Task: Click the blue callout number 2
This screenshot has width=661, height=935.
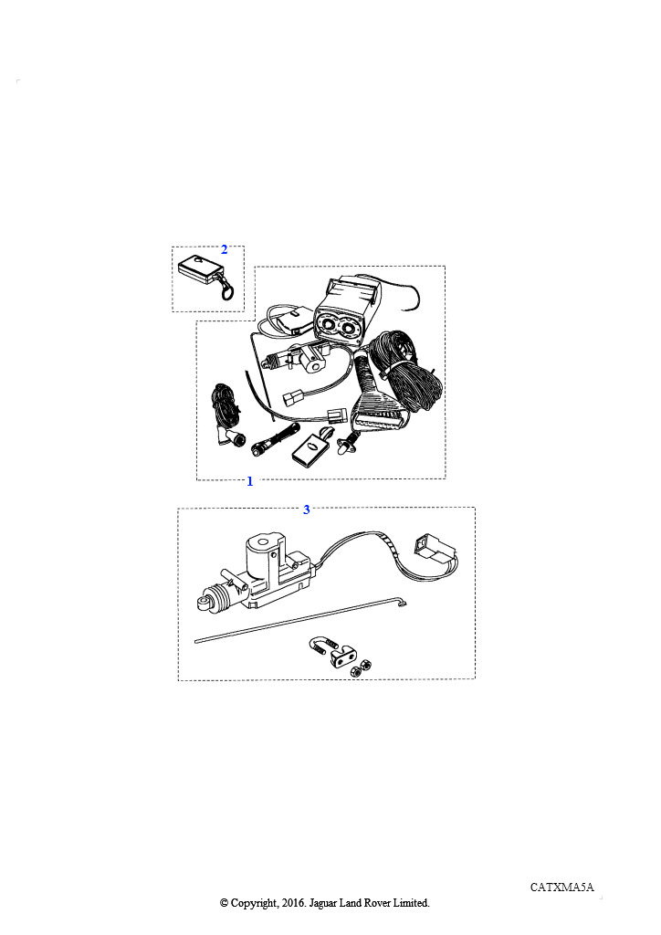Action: point(224,249)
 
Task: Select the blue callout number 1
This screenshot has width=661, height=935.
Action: point(250,481)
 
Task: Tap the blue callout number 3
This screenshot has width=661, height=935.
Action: point(307,510)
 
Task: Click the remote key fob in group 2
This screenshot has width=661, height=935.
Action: point(199,268)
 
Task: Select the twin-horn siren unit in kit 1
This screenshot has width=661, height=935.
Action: point(341,311)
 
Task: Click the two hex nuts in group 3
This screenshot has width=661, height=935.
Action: point(362,667)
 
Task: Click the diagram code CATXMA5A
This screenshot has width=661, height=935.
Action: point(562,887)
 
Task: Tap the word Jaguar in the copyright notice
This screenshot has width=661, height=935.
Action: point(323,903)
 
